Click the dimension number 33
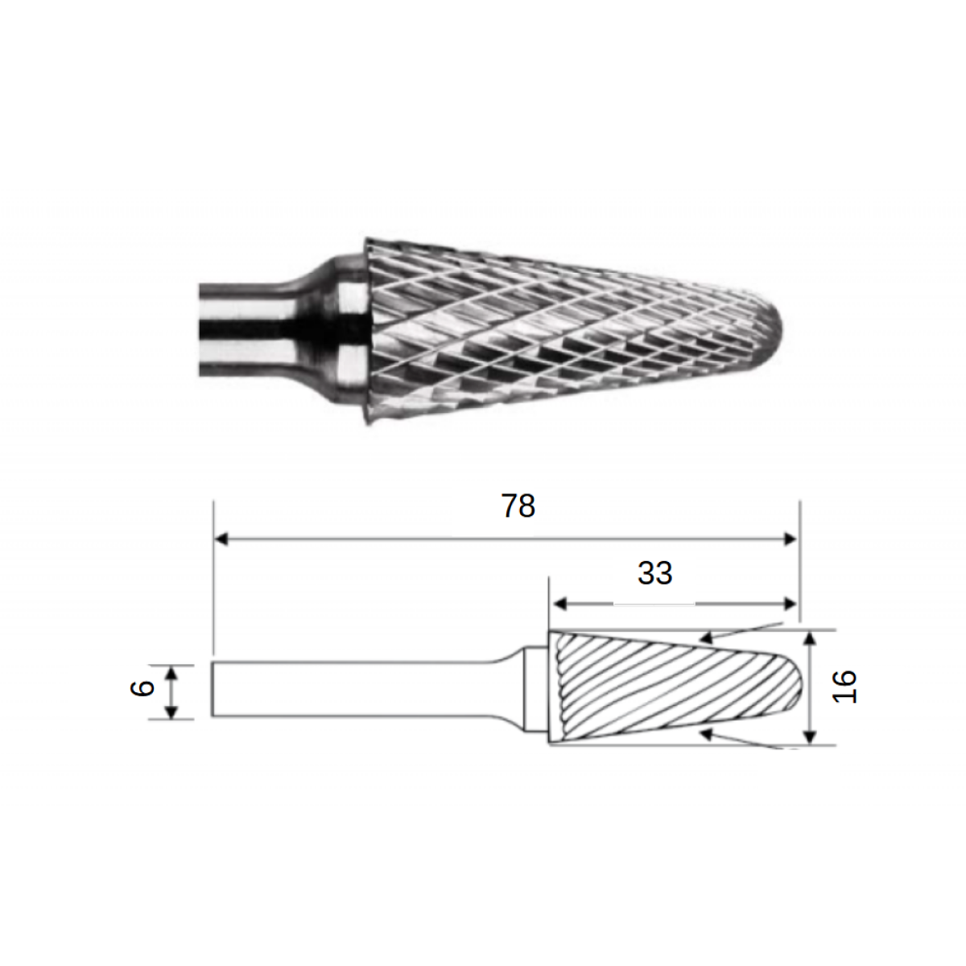(x=654, y=573)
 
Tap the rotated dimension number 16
(x=844, y=686)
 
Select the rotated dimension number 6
(x=142, y=687)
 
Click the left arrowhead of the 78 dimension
(x=221, y=539)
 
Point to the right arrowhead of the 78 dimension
(x=789, y=539)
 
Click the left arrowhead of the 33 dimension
(x=559, y=604)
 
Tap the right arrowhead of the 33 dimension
(x=789, y=604)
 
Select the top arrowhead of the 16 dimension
(x=810, y=638)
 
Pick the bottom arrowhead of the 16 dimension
(x=810, y=736)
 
